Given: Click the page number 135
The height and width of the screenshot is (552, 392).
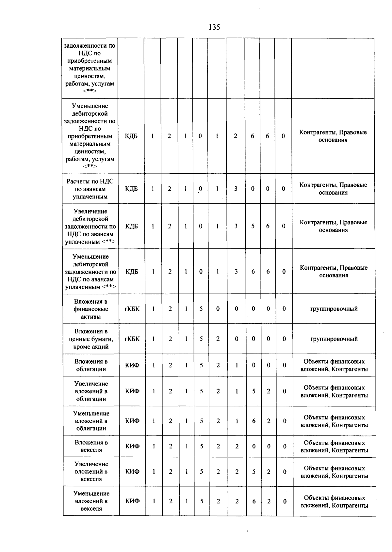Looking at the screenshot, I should click(214, 27).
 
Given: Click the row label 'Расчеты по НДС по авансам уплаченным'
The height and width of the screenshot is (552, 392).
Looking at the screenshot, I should click(90, 189).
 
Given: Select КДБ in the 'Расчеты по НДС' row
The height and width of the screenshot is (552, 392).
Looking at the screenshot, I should click(131, 189).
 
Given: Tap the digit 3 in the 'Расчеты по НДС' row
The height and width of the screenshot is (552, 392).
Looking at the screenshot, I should click(236, 189).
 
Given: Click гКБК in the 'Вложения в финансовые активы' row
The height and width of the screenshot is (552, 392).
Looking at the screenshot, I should click(132, 309).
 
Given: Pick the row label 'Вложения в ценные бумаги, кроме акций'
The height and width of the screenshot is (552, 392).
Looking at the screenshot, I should click(91, 339).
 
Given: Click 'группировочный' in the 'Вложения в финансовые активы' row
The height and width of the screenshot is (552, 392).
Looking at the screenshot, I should click(334, 309).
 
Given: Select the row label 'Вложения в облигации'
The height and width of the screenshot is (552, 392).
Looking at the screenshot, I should click(91, 365).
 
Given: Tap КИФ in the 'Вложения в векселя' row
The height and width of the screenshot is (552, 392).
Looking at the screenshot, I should click(132, 446).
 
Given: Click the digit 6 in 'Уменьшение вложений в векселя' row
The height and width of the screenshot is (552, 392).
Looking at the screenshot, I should click(254, 501).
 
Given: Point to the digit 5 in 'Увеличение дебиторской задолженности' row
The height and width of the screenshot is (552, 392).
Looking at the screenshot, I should click(253, 226).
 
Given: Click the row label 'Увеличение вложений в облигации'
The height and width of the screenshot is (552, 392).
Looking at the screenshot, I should click(91, 391).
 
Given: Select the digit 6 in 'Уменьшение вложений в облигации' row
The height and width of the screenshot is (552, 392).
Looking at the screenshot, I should click(254, 421).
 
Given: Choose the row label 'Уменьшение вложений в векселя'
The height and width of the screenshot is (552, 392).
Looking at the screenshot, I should click(91, 501).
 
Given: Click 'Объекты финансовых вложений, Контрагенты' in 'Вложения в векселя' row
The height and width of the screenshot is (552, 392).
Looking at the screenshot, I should click(334, 446).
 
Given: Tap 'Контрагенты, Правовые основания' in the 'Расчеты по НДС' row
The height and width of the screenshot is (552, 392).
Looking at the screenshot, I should click(333, 189).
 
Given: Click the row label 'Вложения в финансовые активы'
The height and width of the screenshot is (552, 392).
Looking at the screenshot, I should click(90, 309).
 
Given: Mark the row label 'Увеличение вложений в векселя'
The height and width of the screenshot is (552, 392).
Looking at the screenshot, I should click(91, 471).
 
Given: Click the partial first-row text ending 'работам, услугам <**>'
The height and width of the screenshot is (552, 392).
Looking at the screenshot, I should click(90, 68).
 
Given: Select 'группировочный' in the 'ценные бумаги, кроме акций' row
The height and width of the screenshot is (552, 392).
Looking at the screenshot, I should click(334, 339).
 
